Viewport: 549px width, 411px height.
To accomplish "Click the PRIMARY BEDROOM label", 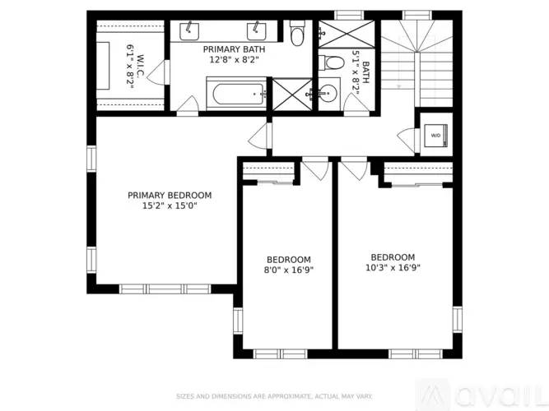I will pyautogui.click(x=170, y=196).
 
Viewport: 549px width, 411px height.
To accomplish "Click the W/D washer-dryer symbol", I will pyautogui.click(x=435, y=136).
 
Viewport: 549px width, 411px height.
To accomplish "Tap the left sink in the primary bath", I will pyautogui.click(x=188, y=31).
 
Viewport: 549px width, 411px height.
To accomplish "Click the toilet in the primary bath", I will pyautogui.click(x=299, y=31).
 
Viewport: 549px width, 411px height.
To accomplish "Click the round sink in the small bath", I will pyautogui.click(x=329, y=94).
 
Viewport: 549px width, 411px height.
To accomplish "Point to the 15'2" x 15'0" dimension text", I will pyautogui.click(x=170, y=206).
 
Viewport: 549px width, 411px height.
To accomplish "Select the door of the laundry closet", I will pyautogui.click(x=406, y=137).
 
